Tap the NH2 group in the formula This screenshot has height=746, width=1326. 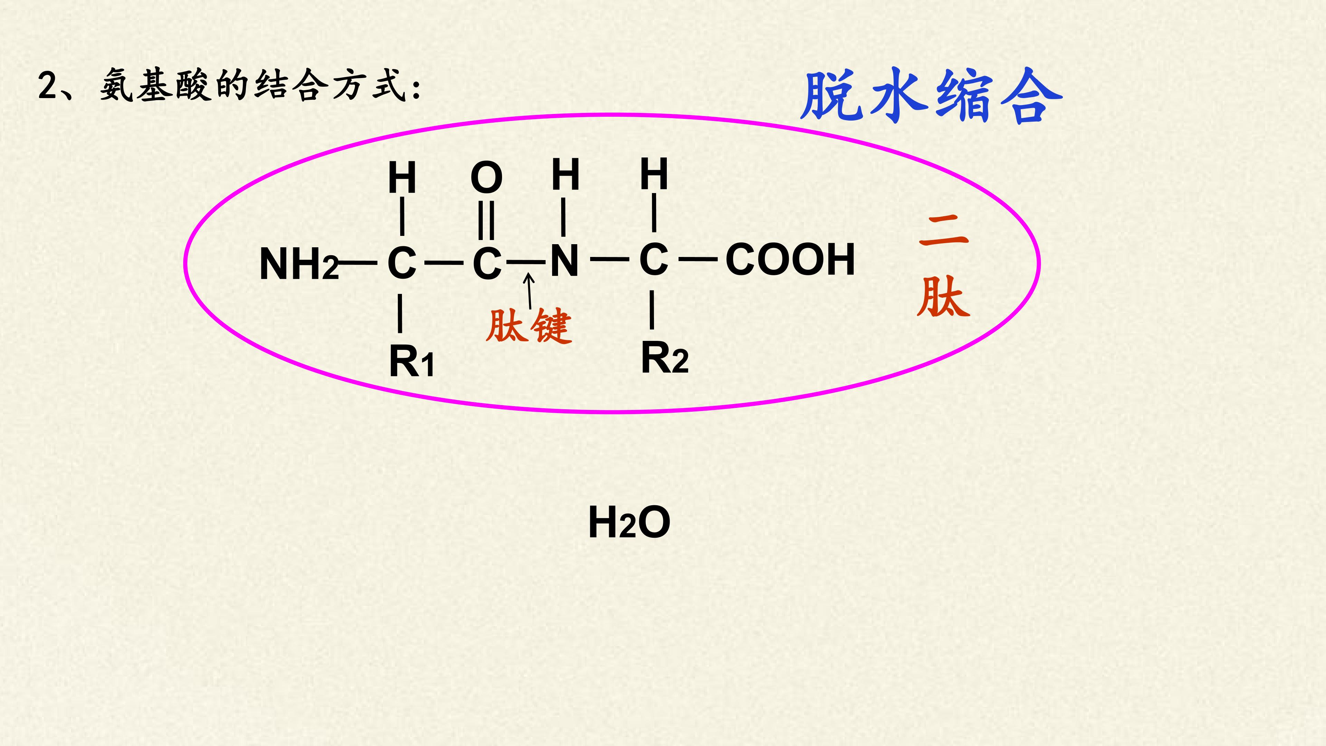(x=299, y=264)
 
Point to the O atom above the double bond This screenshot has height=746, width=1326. (x=487, y=178)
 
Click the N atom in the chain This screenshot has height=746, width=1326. (x=565, y=260)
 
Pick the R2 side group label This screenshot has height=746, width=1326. (x=664, y=357)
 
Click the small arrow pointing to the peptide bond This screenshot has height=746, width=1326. (x=529, y=291)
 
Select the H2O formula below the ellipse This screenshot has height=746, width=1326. (x=629, y=522)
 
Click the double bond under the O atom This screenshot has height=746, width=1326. (x=487, y=220)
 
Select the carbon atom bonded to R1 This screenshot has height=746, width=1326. (x=402, y=263)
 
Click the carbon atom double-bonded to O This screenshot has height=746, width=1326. (x=487, y=263)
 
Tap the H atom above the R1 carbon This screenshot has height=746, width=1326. (x=402, y=178)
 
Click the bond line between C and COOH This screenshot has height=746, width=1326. (x=698, y=259)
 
